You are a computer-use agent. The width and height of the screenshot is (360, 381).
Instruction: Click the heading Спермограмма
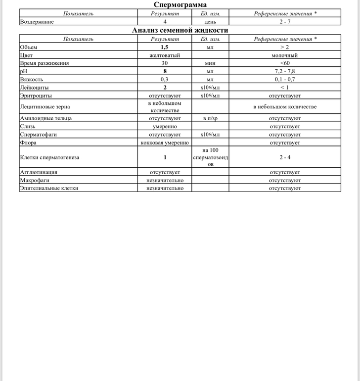180,5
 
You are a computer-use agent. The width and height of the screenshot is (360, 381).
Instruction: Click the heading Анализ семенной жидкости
180,31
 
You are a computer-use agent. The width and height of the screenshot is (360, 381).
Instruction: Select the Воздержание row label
37,22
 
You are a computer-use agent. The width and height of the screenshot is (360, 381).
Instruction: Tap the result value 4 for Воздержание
165,22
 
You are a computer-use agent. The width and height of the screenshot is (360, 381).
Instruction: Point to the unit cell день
210,22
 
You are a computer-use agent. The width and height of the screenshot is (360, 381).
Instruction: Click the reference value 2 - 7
285,22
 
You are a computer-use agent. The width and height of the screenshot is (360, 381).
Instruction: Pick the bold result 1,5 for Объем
165,47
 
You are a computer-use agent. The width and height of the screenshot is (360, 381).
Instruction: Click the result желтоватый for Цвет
165,55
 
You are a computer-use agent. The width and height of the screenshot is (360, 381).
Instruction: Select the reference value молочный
285,55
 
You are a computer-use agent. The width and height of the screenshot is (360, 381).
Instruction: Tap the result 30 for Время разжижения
165,63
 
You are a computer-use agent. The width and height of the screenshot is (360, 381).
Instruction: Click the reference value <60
285,63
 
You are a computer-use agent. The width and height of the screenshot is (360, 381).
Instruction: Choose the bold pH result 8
165,71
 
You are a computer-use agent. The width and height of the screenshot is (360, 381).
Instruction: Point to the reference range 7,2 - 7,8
285,71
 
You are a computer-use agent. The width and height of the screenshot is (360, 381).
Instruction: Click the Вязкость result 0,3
165,79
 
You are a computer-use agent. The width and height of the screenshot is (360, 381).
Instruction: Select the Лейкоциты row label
34,88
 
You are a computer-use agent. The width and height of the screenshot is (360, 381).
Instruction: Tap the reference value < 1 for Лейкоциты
285,88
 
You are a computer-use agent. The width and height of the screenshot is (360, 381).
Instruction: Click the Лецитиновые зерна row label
45,107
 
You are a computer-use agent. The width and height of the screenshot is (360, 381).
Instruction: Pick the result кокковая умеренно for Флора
165,143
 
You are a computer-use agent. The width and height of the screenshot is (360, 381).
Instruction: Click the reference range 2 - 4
285,157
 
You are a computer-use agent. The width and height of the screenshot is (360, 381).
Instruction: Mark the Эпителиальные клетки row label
49,188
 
